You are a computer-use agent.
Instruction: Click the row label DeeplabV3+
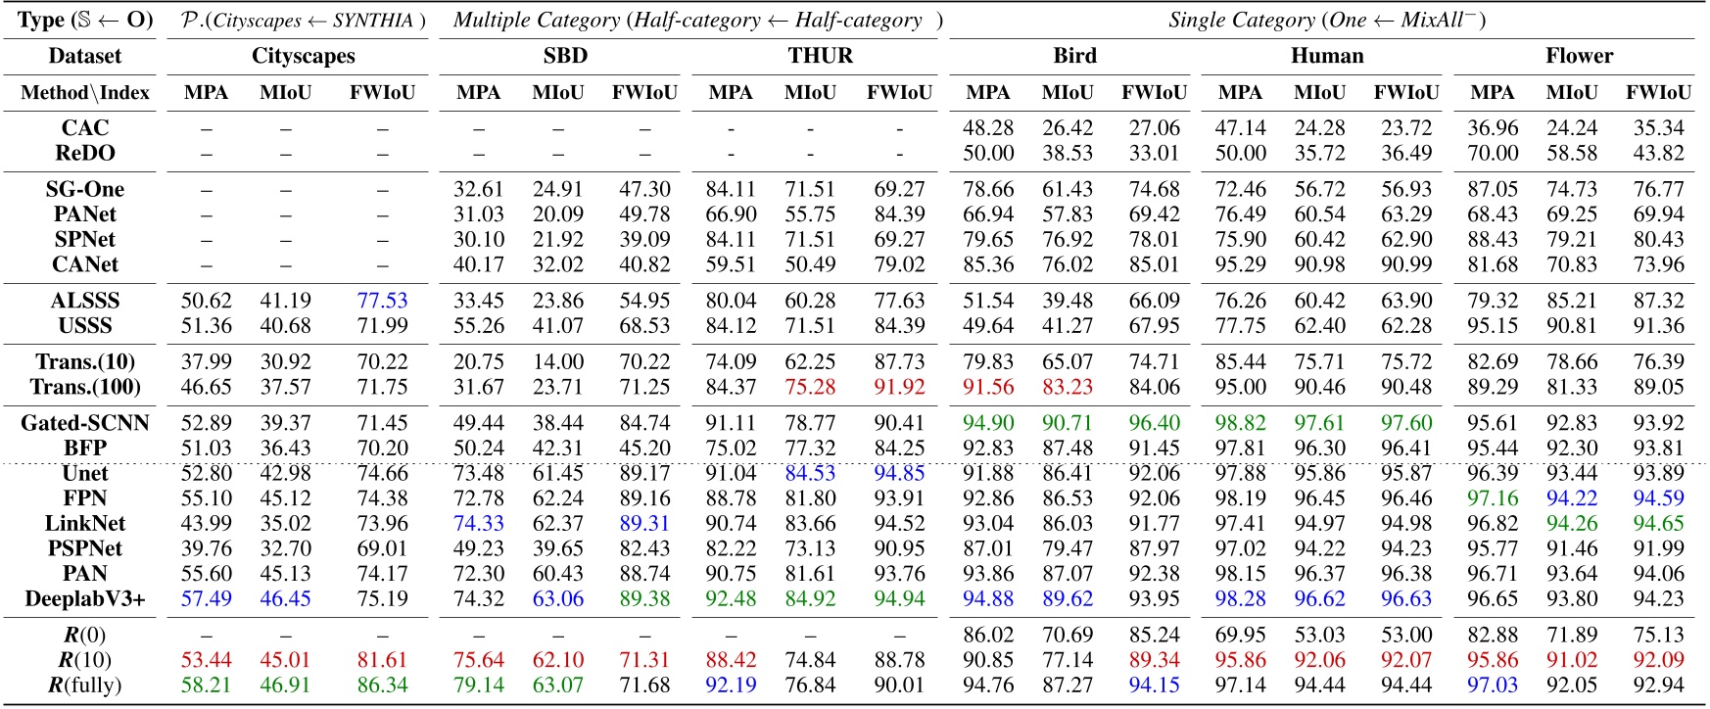85,598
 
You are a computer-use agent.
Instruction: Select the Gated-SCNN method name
85,423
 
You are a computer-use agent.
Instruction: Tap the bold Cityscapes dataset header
304,56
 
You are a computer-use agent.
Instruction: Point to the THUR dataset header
820,56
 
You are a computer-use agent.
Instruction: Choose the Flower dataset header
1579,56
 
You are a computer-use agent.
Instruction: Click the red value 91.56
988,387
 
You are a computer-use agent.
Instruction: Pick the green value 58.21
207,685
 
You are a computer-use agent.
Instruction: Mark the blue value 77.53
382,301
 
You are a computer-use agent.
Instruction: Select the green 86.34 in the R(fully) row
382,685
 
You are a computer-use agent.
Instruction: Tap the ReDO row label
85,153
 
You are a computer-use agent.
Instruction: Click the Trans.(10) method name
85,362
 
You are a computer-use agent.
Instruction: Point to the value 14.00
557,362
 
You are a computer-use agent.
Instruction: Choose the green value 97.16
1493,498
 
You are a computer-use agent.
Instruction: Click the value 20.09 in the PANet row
557,214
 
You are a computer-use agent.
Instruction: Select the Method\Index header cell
85,93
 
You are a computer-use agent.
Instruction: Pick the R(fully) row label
85,685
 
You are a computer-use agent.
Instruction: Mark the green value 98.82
1240,423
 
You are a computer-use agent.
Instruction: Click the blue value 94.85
899,474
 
